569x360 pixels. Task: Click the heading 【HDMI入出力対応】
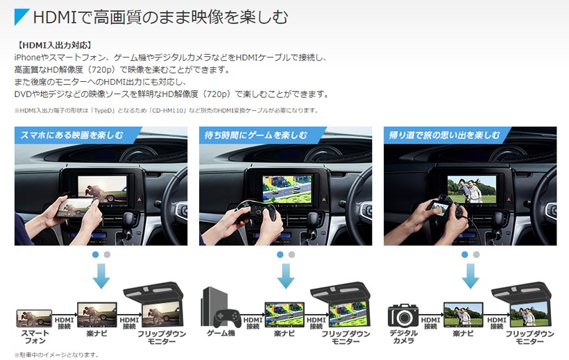53,45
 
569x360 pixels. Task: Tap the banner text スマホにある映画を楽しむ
71,135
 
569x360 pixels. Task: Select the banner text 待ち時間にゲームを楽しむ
256,135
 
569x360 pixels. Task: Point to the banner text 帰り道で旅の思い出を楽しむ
444,135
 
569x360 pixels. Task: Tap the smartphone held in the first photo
76,207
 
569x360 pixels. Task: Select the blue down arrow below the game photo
286,276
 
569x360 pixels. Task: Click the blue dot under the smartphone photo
96,255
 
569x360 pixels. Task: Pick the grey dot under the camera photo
476,255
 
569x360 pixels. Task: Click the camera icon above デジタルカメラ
402,316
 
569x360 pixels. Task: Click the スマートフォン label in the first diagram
35,337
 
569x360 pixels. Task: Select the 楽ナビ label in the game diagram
284,334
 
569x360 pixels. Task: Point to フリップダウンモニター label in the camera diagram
530,338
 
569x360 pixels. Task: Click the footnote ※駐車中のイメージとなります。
56,354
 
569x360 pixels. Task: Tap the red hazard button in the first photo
139,198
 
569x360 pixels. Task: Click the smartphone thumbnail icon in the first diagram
34,318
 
